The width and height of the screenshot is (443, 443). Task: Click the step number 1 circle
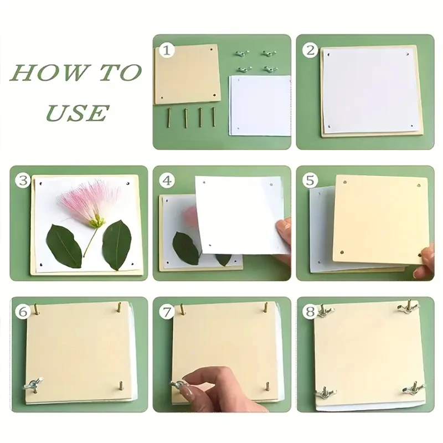pos(167,50)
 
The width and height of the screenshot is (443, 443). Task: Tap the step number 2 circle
pos(310,50)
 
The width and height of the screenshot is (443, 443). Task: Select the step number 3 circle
pos(23,181)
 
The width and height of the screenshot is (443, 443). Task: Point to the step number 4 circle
pos(167,181)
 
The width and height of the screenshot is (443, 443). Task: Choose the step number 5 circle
pos(310,181)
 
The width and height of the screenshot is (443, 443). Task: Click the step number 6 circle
pos(23,312)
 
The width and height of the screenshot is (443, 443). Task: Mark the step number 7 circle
pos(167,312)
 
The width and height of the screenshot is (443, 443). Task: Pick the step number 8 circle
pos(310,312)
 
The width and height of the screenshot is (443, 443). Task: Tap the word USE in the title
pos(77,113)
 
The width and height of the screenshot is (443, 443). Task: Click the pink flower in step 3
pos(89,202)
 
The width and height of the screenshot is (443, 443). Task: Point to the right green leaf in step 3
pos(117,245)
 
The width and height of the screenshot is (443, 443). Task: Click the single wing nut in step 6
pos(34,384)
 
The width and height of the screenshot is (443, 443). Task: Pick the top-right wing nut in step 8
pos(408,307)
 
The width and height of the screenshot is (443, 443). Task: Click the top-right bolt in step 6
pos(119,307)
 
